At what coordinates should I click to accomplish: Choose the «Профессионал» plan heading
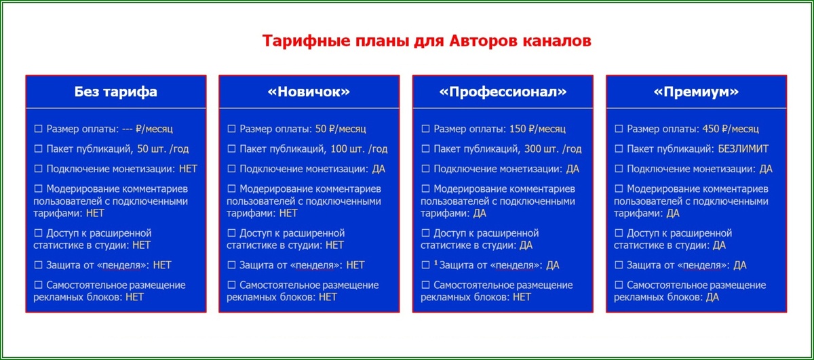click(x=503, y=92)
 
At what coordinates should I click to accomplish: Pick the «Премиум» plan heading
click(x=696, y=92)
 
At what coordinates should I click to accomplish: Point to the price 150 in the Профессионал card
click(x=518, y=128)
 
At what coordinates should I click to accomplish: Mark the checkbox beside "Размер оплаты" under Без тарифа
click(x=38, y=128)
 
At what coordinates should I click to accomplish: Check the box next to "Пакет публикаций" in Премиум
click(x=618, y=148)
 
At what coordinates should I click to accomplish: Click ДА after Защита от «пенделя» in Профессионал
click(x=553, y=265)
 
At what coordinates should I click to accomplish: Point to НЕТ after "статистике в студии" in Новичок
click(x=334, y=245)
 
